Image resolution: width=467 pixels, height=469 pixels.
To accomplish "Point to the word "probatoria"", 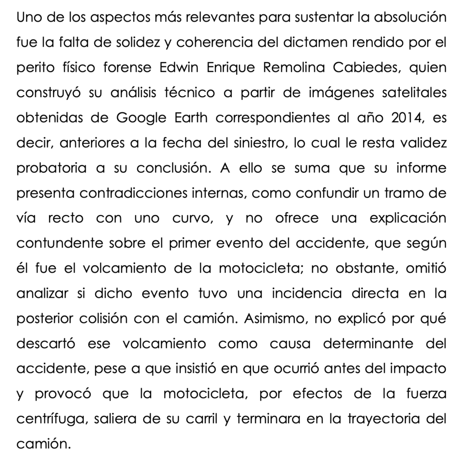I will (x=51, y=168).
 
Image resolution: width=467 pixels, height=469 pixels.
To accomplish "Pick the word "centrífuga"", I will (x=51, y=418).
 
